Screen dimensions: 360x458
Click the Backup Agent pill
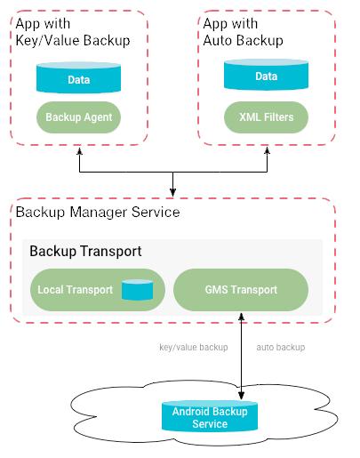point(78,117)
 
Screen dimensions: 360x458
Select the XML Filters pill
point(266,117)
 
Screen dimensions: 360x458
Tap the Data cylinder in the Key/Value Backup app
point(78,77)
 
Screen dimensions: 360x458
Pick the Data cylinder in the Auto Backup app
point(266,75)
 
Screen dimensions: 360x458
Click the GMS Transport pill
point(241,290)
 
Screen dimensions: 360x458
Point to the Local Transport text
point(75,290)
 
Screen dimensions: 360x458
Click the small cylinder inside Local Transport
point(137,290)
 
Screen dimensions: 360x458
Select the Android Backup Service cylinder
point(210,416)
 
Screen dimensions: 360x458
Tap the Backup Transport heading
point(85,252)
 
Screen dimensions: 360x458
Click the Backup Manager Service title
point(98,213)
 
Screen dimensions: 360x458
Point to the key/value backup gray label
point(194,347)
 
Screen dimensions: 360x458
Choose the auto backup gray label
point(281,347)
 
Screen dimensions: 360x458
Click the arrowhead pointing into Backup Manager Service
point(172,192)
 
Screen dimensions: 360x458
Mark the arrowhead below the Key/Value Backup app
point(79,151)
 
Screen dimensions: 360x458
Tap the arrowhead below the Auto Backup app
point(267,151)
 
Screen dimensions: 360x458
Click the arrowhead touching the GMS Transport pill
point(242,317)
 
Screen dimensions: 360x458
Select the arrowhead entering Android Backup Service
point(242,395)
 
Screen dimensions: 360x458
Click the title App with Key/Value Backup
point(73,32)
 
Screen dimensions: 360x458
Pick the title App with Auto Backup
point(243,32)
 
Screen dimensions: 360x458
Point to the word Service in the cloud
point(210,423)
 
